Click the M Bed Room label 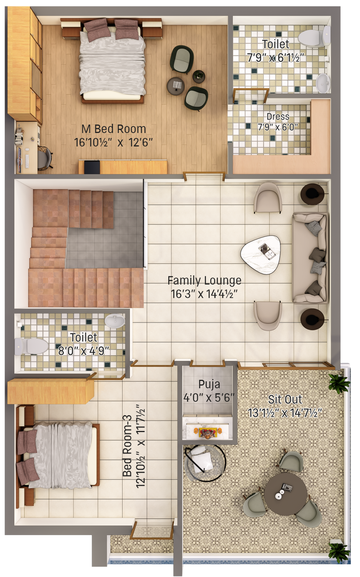click(114, 129)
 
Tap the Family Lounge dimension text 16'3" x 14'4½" click(204, 294)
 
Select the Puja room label click(209, 384)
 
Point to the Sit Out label click(285, 399)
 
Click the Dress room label click(278, 117)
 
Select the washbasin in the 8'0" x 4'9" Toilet click(114, 321)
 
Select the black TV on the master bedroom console click(92, 167)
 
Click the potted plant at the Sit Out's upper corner click(338, 382)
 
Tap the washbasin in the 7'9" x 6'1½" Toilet click(323, 82)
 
